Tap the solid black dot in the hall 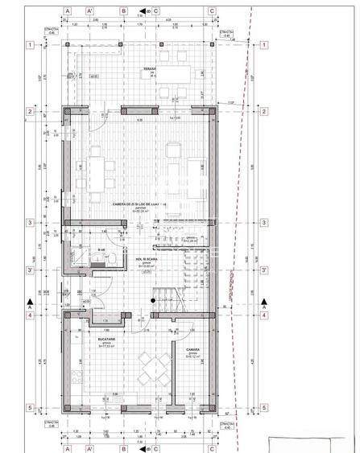[151, 300]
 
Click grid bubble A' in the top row [90, 12]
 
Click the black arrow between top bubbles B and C [141, 12]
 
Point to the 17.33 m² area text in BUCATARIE [97, 351]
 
